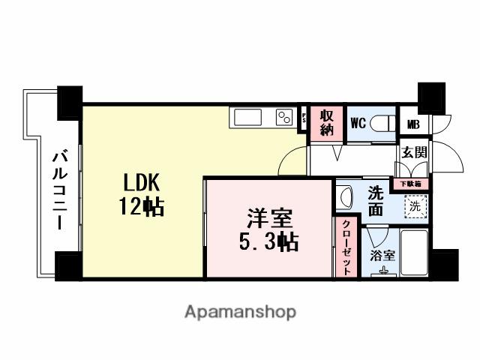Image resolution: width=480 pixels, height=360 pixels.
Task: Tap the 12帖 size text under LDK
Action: [x=141, y=207]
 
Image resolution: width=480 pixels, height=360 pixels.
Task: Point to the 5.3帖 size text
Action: [x=268, y=242]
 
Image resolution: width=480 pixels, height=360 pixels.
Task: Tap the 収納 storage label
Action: [x=327, y=122]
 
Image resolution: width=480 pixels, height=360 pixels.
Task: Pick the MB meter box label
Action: [x=413, y=124]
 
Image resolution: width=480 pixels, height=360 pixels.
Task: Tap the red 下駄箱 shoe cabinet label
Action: [x=410, y=182]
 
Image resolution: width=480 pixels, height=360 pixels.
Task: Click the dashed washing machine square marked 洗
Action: [x=414, y=205]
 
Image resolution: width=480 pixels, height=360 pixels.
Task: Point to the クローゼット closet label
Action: [x=346, y=247]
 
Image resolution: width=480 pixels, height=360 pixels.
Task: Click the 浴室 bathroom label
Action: [x=382, y=255]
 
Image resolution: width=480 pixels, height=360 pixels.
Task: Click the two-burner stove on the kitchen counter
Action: [x=283, y=118]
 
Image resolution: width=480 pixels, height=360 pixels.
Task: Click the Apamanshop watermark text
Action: [x=240, y=310]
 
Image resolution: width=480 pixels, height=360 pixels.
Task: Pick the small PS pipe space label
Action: [x=304, y=118]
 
